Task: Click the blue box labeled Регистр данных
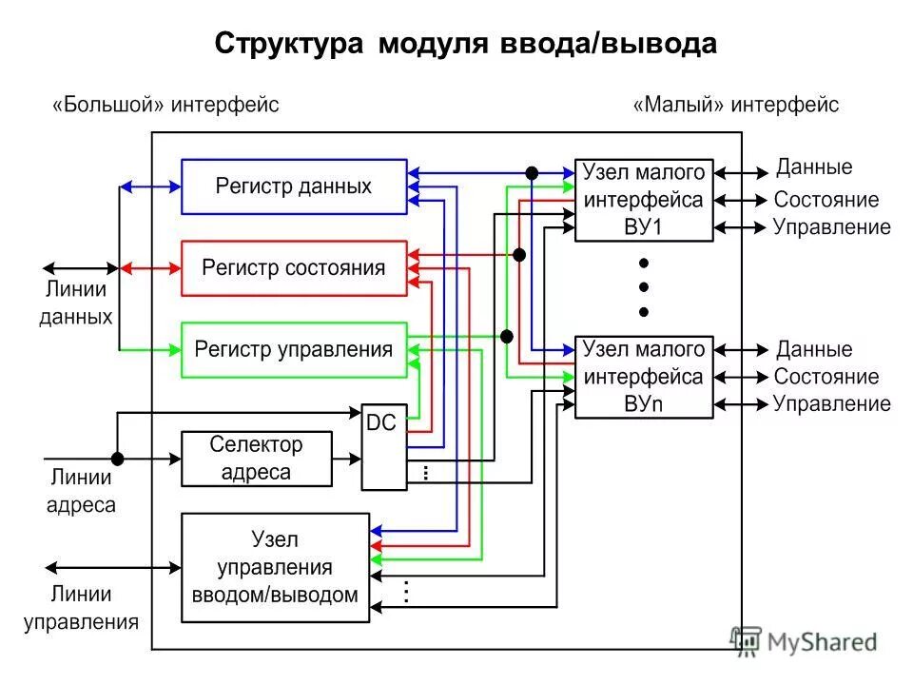tap(294, 186)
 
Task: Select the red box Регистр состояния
tap(294, 268)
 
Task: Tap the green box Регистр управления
tap(294, 349)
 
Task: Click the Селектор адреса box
tap(257, 459)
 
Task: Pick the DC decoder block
tap(383, 447)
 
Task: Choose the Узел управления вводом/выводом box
tap(275, 568)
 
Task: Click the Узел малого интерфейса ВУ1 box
tap(644, 200)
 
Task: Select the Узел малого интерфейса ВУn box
tap(644, 377)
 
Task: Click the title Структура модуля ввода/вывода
tap(465, 45)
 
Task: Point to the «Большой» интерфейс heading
tap(165, 105)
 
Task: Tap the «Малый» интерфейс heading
tap(736, 105)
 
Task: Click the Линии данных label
tap(76, 303)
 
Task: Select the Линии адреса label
tap(81, 492)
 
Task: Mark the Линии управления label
tap(81, 609)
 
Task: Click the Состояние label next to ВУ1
tap(826, 201)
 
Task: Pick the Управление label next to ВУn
tap(831, 403)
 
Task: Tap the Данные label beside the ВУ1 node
tap(814, 168)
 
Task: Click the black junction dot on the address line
tap(117, 458)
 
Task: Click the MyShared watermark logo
tap(803, 641)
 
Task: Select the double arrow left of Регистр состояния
tap(150, 268)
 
